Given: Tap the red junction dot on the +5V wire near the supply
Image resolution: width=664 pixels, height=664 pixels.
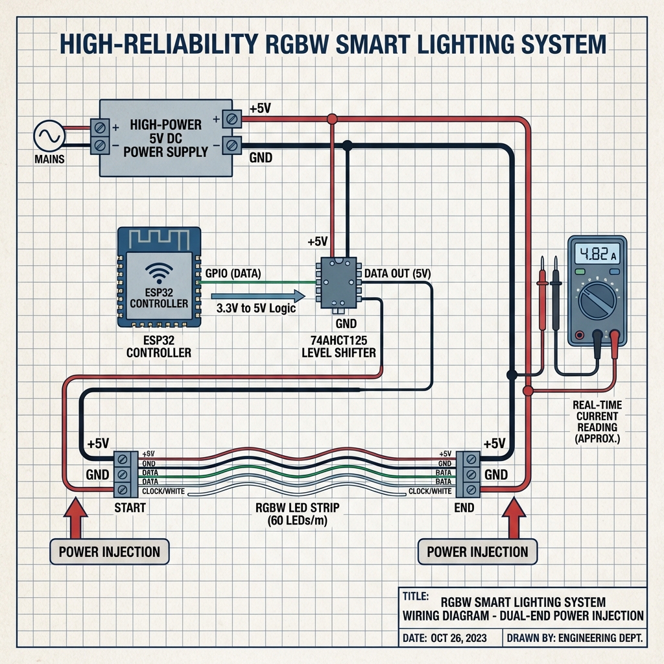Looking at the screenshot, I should tap(333, 119).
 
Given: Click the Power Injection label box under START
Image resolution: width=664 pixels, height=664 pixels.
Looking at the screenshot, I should tap(109, 552).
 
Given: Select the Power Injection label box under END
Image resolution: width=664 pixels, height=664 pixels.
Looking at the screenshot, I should tap(477, 552).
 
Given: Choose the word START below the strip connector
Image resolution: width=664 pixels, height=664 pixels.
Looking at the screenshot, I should tap(129, 508).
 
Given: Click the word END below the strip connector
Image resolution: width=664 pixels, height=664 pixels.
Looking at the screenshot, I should tap(464, 508).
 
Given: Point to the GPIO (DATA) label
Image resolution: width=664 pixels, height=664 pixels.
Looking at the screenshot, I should tap(233, 274).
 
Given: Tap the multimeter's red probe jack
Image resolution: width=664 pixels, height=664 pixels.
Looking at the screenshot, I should tap(614, 336).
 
